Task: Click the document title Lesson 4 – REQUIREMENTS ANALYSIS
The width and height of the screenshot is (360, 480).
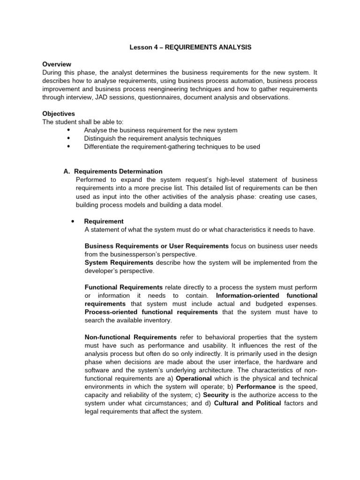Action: [190, 47]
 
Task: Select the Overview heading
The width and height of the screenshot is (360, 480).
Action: [57, 64]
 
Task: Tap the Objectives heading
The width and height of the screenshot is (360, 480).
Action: [59, 113]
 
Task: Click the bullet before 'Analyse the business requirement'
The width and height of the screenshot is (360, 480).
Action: [69, 130]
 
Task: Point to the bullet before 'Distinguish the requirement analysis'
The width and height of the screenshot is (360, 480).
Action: [69, 138]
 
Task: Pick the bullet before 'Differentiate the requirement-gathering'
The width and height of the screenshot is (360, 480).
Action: [69, 146]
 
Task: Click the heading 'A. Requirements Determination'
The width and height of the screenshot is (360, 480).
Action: [113, 172]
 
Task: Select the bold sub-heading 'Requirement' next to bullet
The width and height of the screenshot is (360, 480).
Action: [104, 221]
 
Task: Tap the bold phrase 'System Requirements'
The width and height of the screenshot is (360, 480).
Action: [119, 262]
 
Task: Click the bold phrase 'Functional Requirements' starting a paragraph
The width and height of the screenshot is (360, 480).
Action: [123, 287]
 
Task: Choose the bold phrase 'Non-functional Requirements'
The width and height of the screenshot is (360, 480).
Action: [130, 337]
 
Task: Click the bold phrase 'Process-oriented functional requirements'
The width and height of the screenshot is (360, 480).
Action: [151, 312]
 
